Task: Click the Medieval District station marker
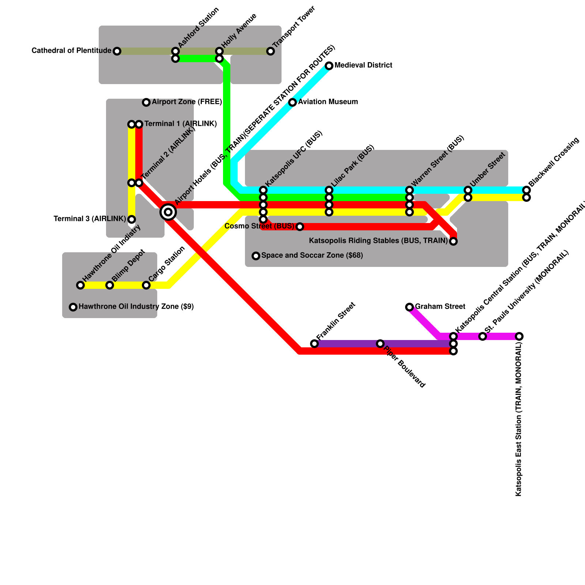click(x=329, y=66)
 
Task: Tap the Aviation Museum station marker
click(x=292, y=102)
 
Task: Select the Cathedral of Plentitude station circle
click(x=117, y=51)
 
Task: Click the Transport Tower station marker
click(x=271, y=51)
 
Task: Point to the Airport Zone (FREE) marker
click(x=146, y=102)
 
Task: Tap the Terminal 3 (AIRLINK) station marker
click(x=132, y=219)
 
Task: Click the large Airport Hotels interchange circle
click(x=168, y=212)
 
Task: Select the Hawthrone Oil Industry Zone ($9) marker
click(x=73, y=307)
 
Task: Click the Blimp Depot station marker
click(x=110, y=285)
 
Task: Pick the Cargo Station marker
click(x=146, y=285)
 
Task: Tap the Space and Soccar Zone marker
click(x=256, y=256)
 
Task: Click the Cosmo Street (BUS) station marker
click(x=300, y=227)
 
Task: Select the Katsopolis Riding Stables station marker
click(x=453, y=241)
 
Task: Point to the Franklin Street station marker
click(x=314, y=344)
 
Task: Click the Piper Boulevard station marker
click(x=380, y=344)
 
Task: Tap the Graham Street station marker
click(x=409, y=307)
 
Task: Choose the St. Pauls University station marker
click(x=483, y=336)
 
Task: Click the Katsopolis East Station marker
click(x=519, y=336)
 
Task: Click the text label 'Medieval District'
click(x=363, y=65)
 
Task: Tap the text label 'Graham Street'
click(x=440, y=306)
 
